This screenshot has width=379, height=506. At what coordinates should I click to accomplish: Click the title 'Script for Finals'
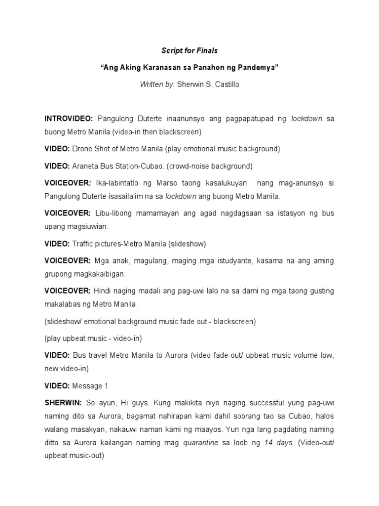[x=189, y=50]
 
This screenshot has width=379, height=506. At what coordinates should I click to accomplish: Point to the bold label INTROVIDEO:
[x=69, y=119]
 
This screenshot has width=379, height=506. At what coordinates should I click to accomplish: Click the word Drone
[x=83, y=149]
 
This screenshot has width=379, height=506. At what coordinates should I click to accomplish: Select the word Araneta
[x=87, y=166]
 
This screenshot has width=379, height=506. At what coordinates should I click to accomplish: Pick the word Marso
[x=176, y=183]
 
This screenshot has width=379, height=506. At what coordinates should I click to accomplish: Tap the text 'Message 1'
[x=87, y=385]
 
